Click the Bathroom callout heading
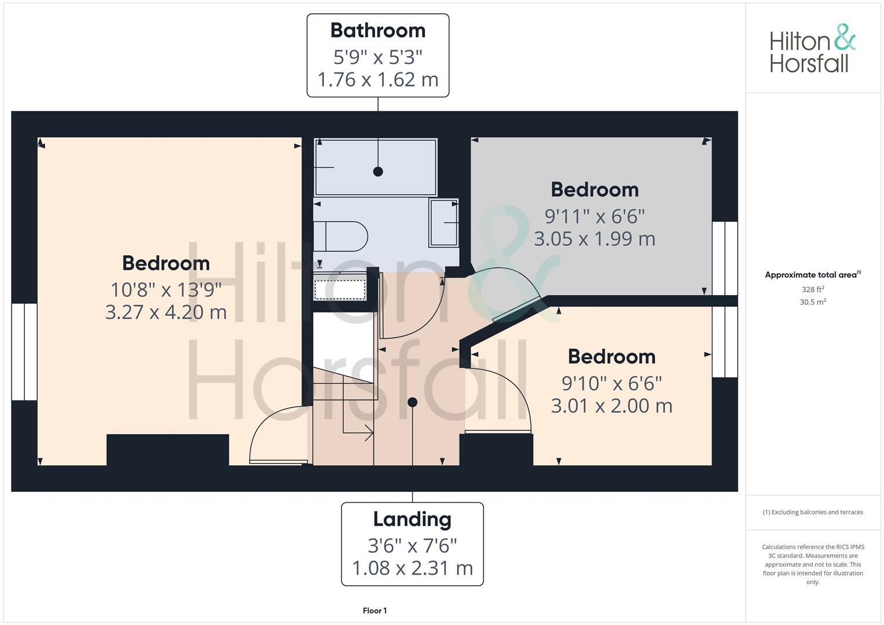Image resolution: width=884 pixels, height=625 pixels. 377,30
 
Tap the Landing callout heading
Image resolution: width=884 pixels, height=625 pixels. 412,519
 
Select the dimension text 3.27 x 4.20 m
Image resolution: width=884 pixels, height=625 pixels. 166,312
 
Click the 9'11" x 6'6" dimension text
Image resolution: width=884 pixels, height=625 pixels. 595,216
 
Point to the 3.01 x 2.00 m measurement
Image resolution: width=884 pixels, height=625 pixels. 611,406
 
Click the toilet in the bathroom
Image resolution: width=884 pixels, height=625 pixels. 341,236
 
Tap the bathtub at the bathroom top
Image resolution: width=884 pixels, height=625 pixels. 375,167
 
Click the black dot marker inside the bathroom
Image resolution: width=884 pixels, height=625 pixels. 378,171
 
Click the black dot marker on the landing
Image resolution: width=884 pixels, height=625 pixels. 412,402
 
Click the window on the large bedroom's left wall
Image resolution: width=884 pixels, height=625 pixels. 24,351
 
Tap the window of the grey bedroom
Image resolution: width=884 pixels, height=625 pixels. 725,258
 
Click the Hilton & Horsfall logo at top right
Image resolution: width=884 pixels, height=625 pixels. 812,49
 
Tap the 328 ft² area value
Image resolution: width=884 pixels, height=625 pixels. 813,289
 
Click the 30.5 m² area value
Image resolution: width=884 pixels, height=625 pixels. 813,302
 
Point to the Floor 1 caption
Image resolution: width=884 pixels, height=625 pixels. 375,611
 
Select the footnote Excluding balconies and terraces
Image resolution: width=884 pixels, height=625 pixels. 813,512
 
